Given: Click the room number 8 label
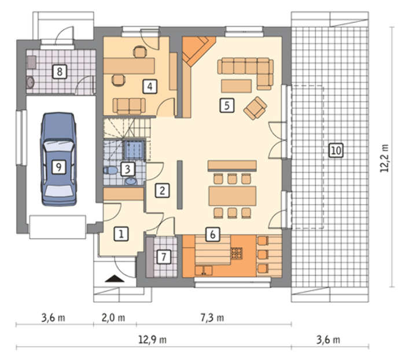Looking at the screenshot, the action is pos(60,72).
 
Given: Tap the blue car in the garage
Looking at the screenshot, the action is pos(58,159).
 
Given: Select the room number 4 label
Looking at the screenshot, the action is pos(150,86).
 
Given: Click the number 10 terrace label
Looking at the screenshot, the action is pos(336,150).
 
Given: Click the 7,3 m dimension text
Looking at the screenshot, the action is pos(212,318).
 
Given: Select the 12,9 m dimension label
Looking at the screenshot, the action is pos(152,340).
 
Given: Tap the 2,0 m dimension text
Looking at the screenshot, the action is pos(113,318).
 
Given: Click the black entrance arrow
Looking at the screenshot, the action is pos(115,278).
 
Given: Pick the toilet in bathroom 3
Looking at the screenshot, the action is pos(111,170).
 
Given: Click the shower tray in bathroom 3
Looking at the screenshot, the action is pos(134,149).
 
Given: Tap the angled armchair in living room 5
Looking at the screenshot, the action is pos(255,108).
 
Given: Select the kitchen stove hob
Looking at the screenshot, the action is pos(237,254).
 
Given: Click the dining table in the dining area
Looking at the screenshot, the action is pos(233,196).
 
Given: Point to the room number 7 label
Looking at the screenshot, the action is pos(164,256).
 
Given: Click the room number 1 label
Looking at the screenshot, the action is pos(121,234).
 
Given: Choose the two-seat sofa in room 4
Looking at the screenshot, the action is pos(129,106).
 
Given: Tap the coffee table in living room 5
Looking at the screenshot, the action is pos(236,86).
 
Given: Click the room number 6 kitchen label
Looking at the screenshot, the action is pos(212,234).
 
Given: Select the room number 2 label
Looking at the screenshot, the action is pos(162,190).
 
